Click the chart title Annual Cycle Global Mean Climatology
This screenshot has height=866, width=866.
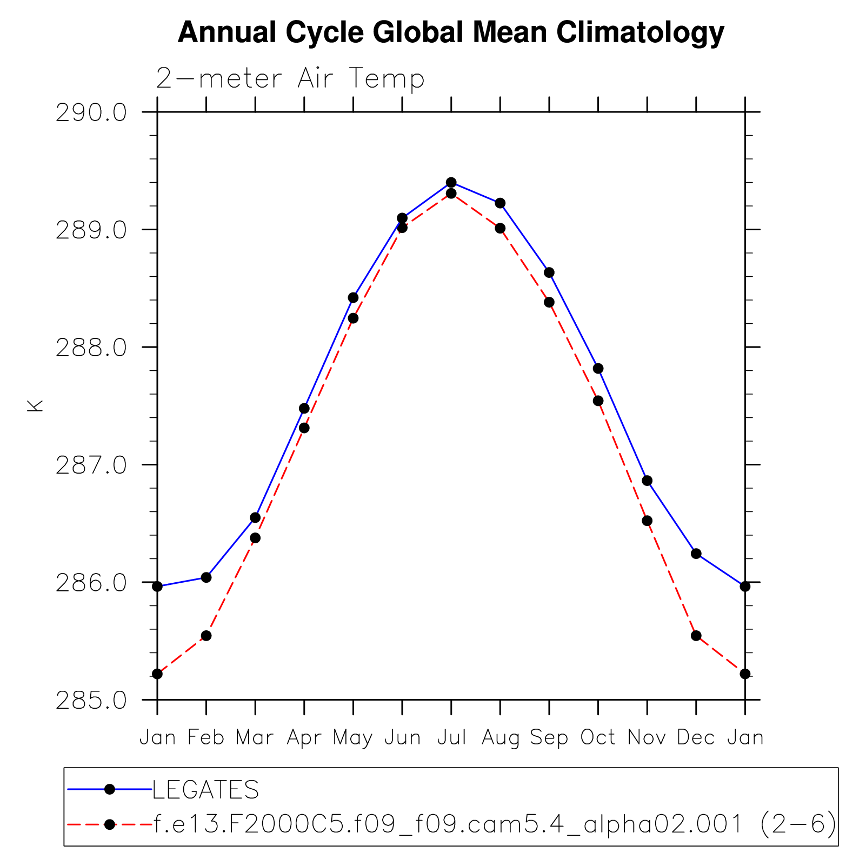[x=450, y=32]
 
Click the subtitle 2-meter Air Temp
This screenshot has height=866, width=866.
[x=290, y=79]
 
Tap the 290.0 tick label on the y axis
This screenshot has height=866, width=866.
[x=91, y=113]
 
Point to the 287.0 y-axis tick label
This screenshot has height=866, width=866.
[x=91, y=465]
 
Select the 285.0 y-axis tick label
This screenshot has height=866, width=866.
[x=91, y=701]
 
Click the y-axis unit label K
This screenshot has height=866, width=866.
[x=35, y=406]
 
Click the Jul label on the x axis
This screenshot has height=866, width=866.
[x=451, y=737]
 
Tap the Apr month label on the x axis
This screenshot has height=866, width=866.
[x=304, y=737]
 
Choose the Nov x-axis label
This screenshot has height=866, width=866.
[x=647, y=737]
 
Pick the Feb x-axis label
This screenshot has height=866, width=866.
[x=206, y=737]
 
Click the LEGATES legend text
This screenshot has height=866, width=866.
[x=205, y=790]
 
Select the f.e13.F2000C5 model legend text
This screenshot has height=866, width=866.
[x=495, y=824]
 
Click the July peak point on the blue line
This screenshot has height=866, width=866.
[x=451, y=182]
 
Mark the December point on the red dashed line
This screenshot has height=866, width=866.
[x=696, y=636]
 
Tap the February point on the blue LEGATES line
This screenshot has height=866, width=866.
[x=206, y=577]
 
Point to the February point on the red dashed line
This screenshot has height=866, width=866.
[x=206, y=636]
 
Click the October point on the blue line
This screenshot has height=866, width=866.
[x=598, y=369]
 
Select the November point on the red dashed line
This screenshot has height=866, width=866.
[x=647, y=521]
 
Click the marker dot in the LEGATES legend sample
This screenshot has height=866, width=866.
[x=109, y=790]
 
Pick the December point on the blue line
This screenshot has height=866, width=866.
[x=696, y=554]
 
